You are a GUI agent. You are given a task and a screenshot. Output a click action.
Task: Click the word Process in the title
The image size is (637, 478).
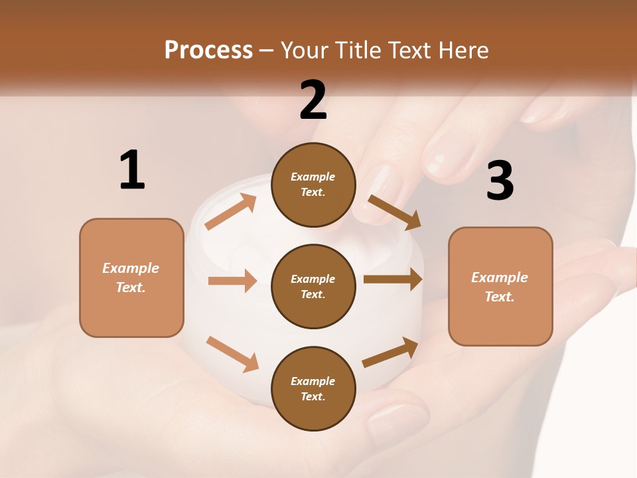point(208,50)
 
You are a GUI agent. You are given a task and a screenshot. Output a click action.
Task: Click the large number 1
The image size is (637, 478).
point(132,170)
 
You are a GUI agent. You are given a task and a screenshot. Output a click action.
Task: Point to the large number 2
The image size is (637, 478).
point(313,100)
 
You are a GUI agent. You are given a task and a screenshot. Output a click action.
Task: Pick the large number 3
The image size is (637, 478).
point(500,181)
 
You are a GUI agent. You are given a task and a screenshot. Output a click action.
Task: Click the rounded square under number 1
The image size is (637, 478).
point(131,278)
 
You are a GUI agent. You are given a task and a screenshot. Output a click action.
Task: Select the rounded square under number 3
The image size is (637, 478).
point(500,286)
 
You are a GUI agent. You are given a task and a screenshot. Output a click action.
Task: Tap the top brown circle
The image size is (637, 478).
point(313,185)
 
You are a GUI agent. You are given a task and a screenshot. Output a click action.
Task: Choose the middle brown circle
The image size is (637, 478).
point(313,286)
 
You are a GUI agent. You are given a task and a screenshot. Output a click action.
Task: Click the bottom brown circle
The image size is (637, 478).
point(313,388)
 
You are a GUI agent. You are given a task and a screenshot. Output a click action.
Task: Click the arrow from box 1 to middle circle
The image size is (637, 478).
point(232,281)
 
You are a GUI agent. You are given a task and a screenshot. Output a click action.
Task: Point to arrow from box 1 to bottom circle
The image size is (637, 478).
point(232,354)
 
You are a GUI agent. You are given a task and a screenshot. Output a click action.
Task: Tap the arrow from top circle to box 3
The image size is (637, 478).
point(394,212)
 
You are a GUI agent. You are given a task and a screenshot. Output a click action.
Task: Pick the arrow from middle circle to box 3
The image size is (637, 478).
point(393,279)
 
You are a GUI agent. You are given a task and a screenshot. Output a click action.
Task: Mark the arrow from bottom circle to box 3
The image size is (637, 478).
point(390,353)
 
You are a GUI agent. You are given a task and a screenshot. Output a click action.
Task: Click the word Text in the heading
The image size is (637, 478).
point(410,50)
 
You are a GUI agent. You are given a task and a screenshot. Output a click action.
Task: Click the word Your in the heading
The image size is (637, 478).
point(305,50)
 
